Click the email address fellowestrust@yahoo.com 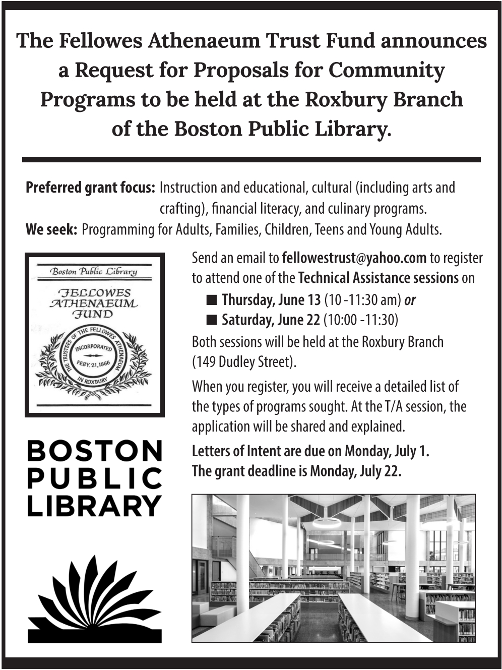[x=354, y=258]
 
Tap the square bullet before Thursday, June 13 [x=212, y=300]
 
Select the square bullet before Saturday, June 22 [x=212, y=320]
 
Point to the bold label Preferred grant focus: [x=90, y=188]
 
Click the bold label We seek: [x=51, y=230]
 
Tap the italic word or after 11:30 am [x=410, y=300]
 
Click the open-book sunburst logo [x=95, y=600]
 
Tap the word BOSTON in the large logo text [x=95, y=451]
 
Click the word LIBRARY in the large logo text [x=95, y=506]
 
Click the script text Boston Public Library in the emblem [x=94, y=272]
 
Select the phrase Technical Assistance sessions [x=379, y=278]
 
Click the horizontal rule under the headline [x=251, y=159]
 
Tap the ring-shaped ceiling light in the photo [x=327, y=521]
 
